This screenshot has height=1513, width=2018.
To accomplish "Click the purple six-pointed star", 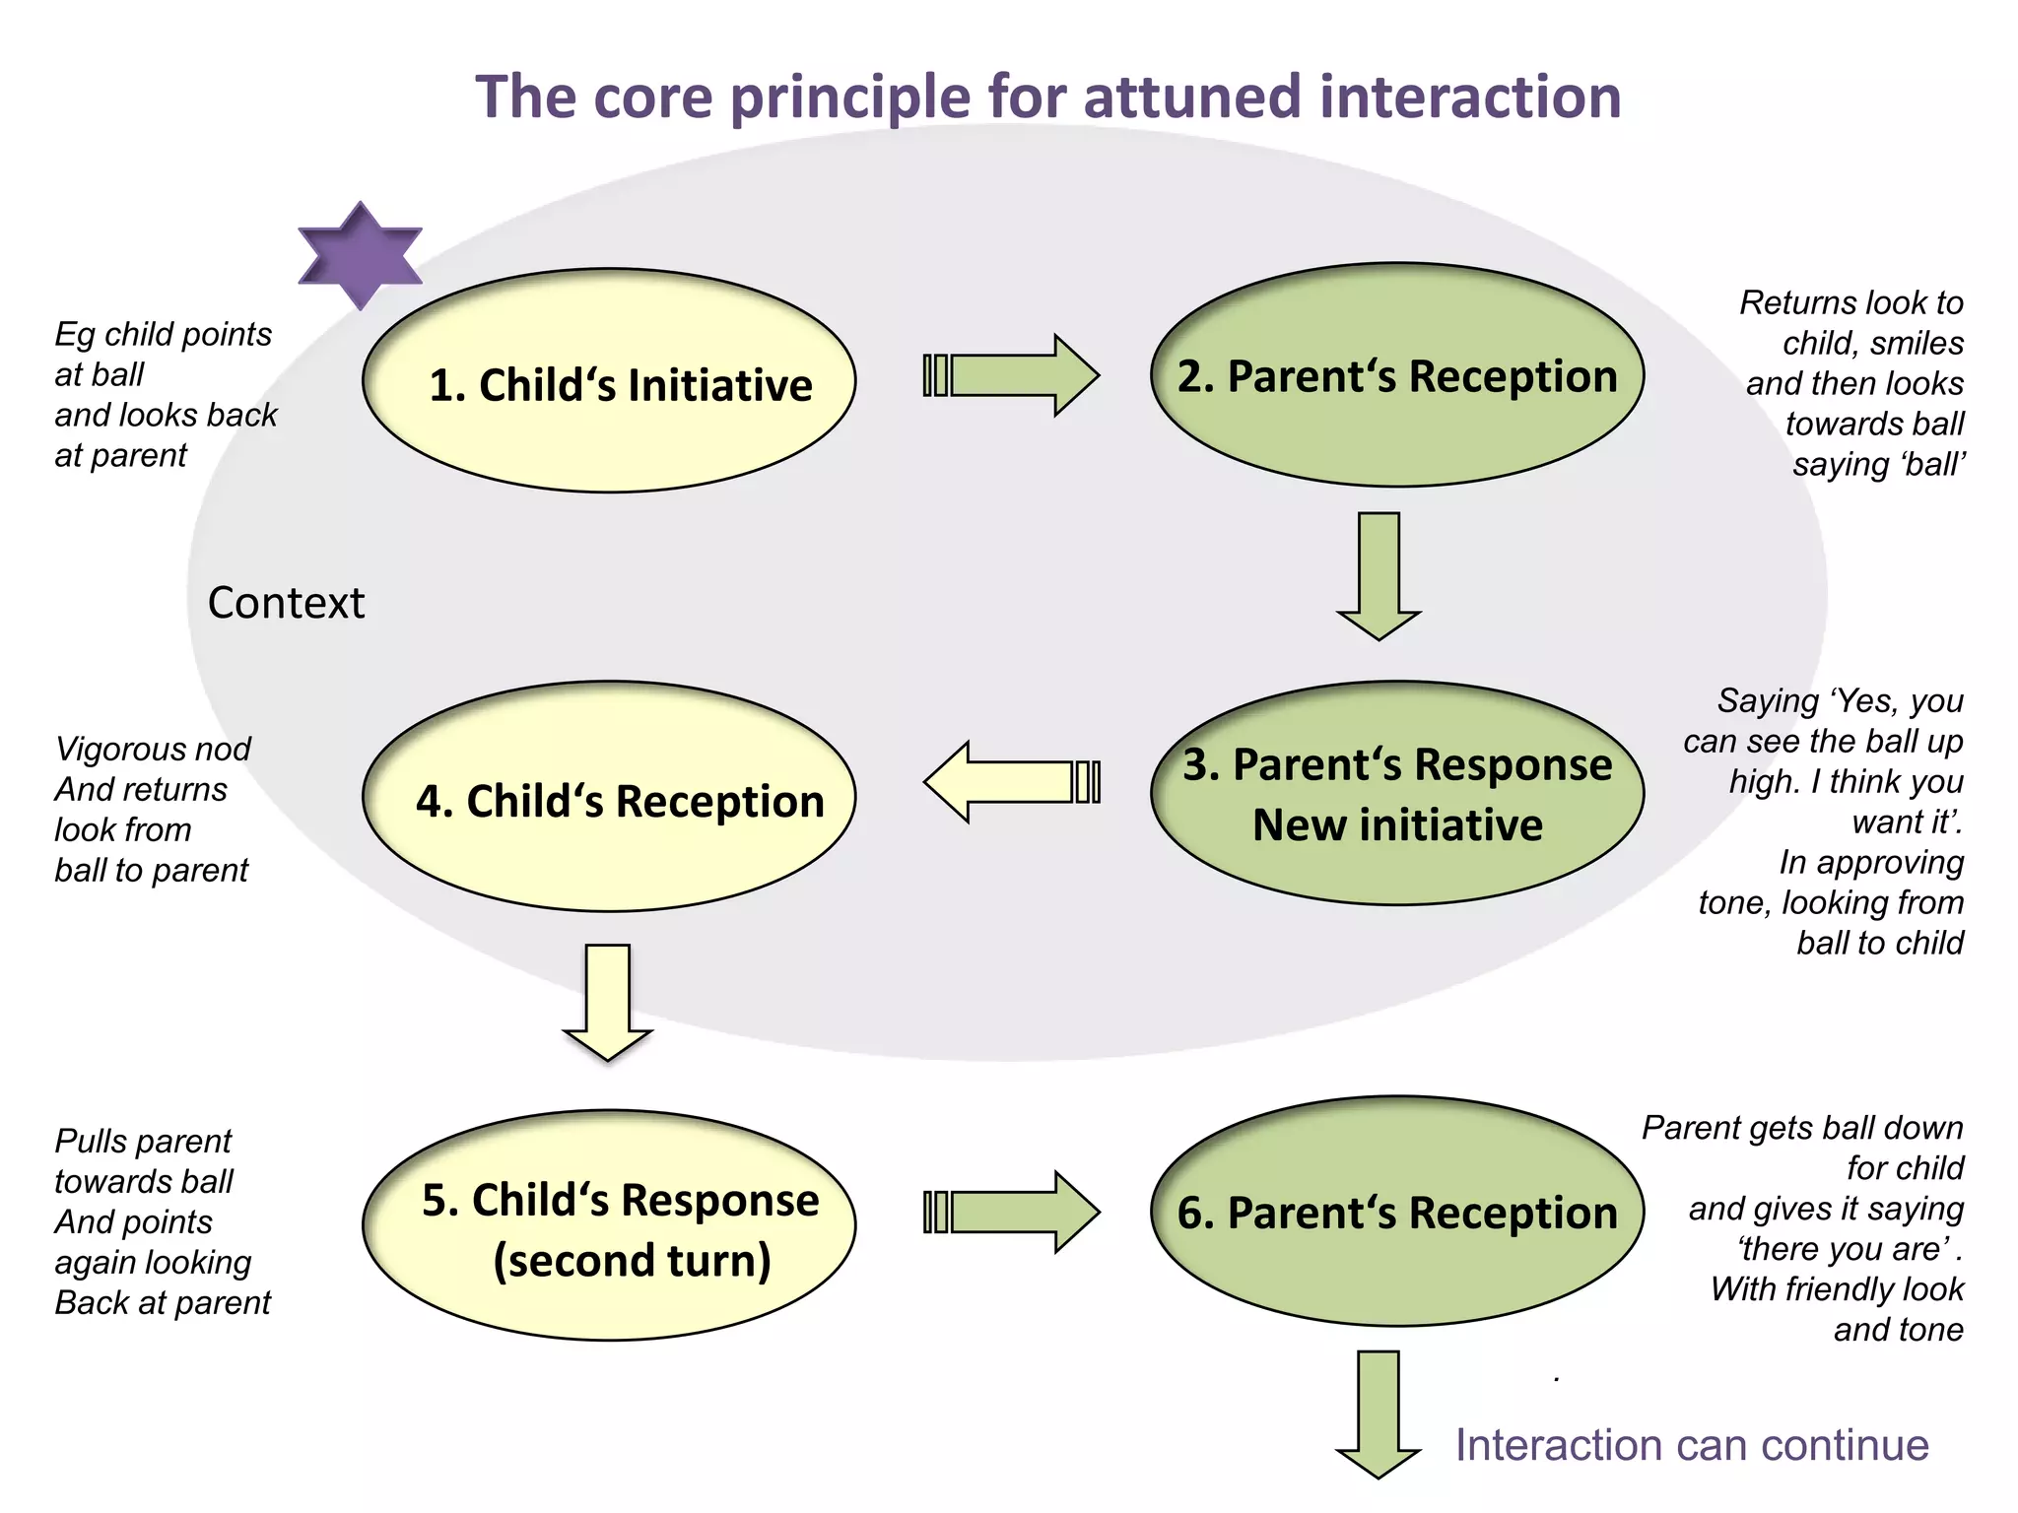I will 360,256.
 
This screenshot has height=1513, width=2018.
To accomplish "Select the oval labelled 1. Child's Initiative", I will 609,382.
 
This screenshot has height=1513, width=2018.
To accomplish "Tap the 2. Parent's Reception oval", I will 1397,375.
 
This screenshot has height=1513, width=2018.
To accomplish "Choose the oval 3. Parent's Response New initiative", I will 1397,794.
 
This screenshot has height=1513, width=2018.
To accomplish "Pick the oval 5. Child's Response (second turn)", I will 609,1227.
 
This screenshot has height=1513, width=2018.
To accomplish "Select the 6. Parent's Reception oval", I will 1397,1212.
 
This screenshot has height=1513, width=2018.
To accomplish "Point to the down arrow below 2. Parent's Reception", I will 1379,576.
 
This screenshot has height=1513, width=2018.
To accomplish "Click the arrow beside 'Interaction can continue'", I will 1378,1414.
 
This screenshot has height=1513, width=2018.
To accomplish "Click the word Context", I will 286,603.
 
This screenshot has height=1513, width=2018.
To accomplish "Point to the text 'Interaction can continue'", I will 1691,1445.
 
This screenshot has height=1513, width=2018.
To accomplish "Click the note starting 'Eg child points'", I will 164,394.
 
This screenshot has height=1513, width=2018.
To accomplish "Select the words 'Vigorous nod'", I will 153,749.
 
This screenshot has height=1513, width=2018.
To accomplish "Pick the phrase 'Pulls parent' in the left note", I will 143,1141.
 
